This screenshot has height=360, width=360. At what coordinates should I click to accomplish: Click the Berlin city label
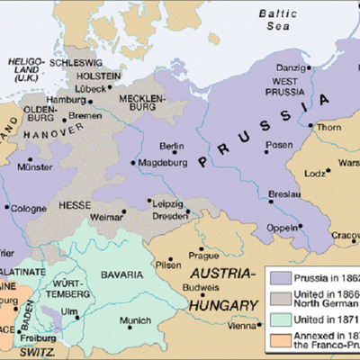click(171, 146)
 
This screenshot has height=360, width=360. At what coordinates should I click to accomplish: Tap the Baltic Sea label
click(278, 21)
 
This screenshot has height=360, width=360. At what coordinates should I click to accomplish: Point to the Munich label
click(135, 319)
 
